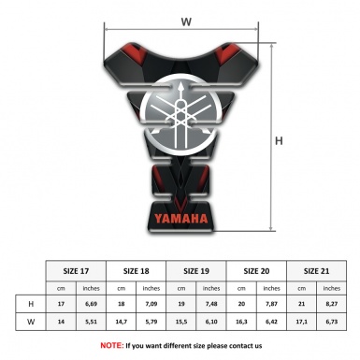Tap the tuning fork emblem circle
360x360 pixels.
[185, 111]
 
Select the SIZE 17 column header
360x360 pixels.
[77, 270]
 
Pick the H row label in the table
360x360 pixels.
[31, 304]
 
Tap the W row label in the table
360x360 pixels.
[31, 322]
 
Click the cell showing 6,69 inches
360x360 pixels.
[93, 304]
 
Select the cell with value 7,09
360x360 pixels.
[153, 304]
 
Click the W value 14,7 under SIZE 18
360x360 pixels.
[122, 322]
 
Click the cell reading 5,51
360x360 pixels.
[93, 322]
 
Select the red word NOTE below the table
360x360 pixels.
[111, 345]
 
